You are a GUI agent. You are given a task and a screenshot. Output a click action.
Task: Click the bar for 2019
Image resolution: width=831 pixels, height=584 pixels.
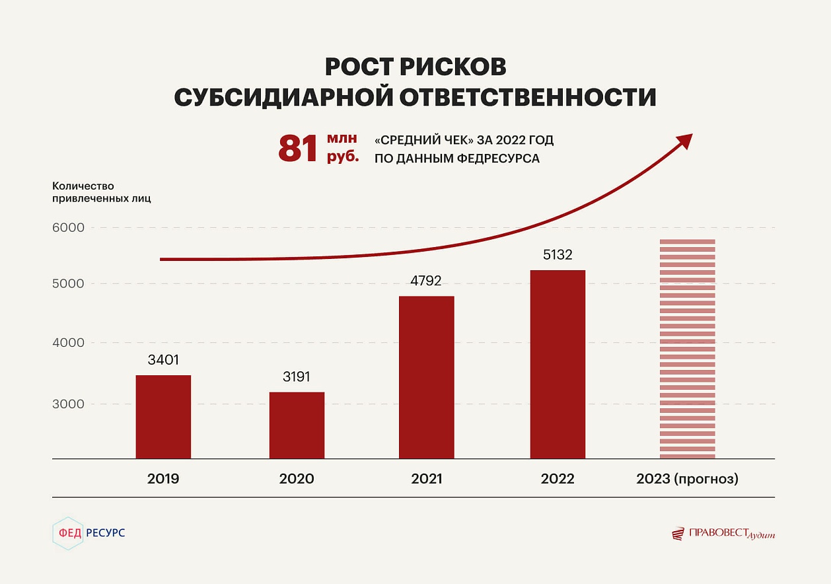point(163,417)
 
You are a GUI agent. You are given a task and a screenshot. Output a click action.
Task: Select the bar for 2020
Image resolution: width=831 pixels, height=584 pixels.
point(297,425)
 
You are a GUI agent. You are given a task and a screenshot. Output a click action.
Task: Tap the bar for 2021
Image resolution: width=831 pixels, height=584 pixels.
point(426,377)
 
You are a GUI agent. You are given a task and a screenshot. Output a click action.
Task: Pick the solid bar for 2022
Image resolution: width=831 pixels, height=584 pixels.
point(558,364)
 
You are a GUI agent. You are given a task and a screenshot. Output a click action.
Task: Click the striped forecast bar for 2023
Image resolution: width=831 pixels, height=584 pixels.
point(688,349)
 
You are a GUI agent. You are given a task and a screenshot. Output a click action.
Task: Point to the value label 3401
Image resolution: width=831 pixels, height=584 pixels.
point(163,360)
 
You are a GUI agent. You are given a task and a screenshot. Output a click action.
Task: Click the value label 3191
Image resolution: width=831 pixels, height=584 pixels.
point(297,377)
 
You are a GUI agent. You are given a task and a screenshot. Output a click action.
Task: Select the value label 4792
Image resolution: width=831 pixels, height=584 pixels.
point(426,280)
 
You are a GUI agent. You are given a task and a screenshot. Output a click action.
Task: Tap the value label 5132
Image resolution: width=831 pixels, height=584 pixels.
point(558,254)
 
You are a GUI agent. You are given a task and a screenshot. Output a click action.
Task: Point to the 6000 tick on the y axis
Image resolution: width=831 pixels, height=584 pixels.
point(69,228)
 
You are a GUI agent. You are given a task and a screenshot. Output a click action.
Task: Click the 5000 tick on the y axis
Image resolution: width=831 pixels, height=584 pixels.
point(69,284)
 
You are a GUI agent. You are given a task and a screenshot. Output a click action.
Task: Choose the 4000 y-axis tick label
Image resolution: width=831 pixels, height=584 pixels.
point(69,343)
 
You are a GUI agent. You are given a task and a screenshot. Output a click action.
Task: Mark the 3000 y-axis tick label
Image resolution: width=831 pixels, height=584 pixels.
point(69,404)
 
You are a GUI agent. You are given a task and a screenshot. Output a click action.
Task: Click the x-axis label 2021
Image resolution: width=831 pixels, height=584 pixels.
point(426,479)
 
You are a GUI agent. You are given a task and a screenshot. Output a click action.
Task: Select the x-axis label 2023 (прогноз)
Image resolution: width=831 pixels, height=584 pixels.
point(687,479)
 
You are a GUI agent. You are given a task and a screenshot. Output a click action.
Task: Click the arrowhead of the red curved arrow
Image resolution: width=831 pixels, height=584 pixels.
point(685,140)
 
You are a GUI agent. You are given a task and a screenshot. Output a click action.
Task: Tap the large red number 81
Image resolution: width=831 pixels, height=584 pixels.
point(299,149)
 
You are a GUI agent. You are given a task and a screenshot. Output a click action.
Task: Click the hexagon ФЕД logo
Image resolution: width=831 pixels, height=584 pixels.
point(68,533)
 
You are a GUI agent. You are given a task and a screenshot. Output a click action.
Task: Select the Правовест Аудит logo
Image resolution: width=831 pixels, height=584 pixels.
point(723,533)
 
